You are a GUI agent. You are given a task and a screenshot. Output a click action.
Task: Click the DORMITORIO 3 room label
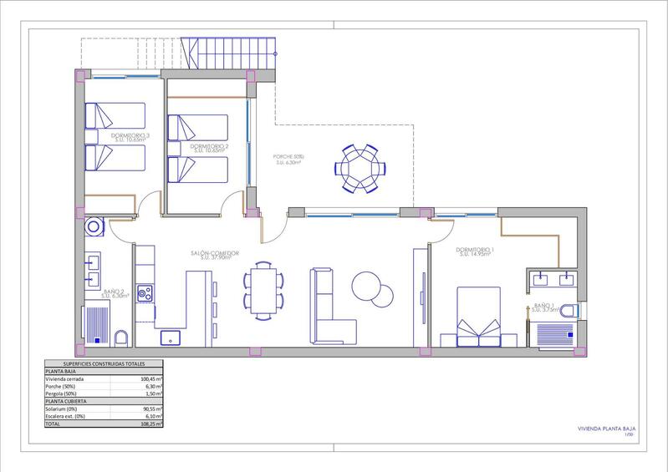[130, 135]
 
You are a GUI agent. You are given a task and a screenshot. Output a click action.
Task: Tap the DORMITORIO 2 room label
[209, 146]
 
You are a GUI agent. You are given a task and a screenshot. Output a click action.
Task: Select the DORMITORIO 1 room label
[475, 250]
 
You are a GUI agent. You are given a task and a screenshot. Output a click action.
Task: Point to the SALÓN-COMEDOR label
[214, 253]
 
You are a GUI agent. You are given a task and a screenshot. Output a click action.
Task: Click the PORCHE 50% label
[289, 157]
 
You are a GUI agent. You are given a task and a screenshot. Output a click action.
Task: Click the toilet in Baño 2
[121, 337]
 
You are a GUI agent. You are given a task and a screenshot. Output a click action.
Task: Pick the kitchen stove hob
[145, 293]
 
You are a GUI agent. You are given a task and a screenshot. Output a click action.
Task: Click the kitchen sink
[174, 336]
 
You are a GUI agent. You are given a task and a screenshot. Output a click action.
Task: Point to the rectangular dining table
[263, 289]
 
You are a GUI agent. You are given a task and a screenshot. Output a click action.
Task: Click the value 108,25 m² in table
[151, 424]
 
